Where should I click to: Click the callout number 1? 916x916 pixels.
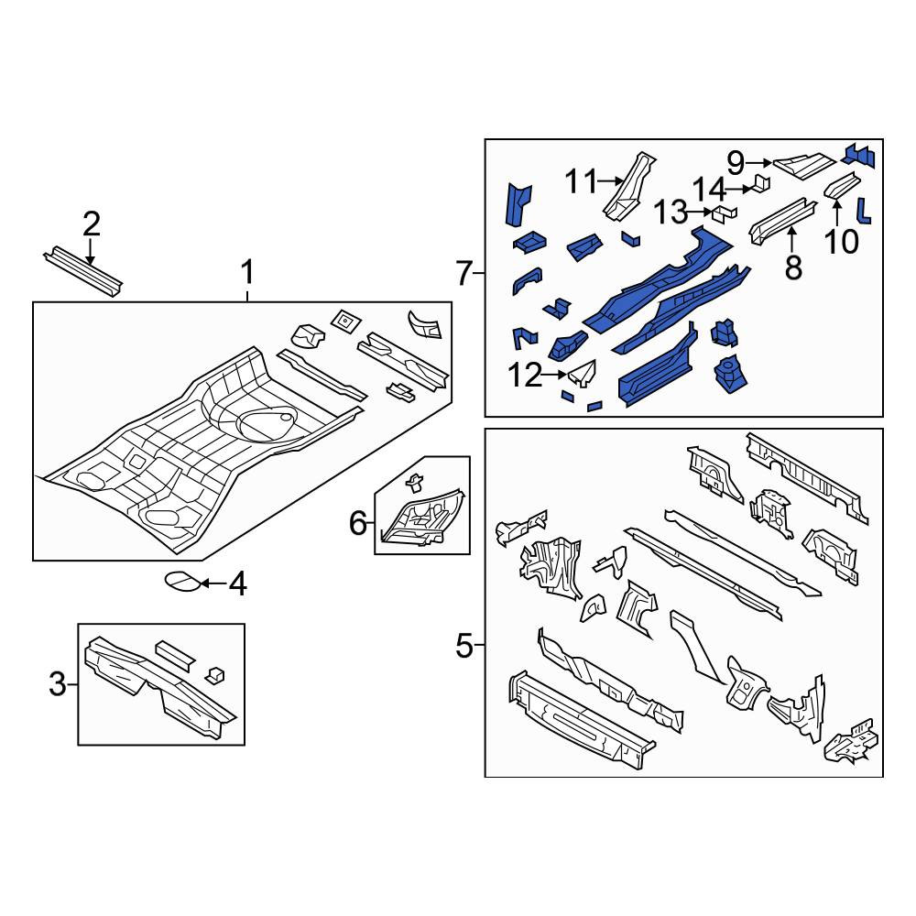click(247, 273)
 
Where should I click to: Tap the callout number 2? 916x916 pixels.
click(91, 224)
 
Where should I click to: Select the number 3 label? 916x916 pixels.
click(58, 684)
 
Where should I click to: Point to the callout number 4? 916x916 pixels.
click(238, 584)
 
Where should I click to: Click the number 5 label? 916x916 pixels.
click(463, 647)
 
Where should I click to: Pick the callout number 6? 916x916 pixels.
click(357, 523)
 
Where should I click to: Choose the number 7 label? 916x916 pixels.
click(463, 273)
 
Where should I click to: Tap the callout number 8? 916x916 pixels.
click(792, 268)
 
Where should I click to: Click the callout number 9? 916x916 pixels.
click(736, 163)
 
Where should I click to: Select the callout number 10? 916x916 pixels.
click(842, 242)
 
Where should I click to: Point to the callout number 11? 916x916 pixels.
click(582, 181)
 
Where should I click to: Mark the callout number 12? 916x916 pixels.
click(526, 376)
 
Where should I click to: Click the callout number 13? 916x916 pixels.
click(671, 213)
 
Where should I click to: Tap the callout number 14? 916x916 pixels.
click(709, 190)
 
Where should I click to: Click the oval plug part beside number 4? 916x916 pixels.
click(182, 582)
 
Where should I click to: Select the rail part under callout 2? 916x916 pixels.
click(83, 271)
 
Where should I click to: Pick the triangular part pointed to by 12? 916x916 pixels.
click(583, 373)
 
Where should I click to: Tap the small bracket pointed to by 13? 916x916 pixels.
click(724, 213)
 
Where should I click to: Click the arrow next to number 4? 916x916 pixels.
click(213, 583)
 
